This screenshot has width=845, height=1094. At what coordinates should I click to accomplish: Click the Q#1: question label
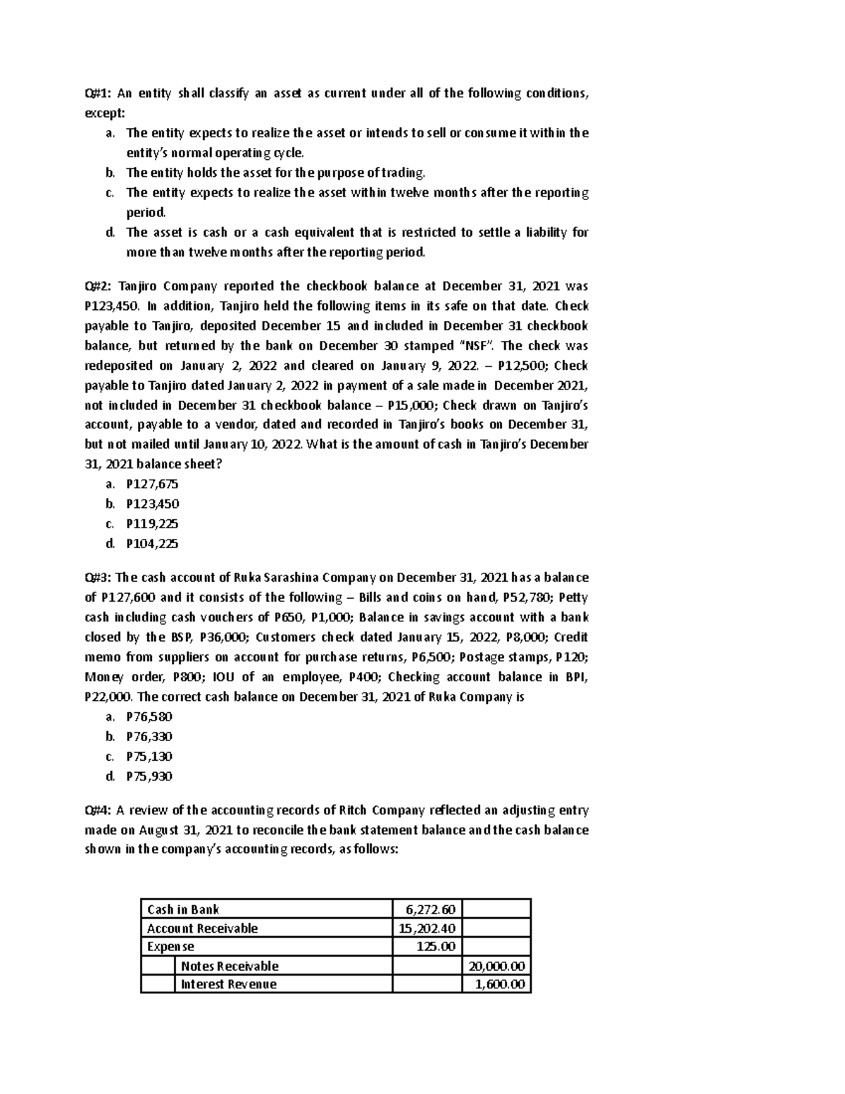pyautogui.click(x=98, y=94)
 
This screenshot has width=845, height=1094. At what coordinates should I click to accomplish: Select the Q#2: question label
pyautogui.click(x=98, y=287)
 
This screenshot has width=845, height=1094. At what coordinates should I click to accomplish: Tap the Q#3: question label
pyautogui.click(x=98, y=578)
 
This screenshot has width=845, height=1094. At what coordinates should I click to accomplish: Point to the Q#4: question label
pyautogui.click(x=98, y=810)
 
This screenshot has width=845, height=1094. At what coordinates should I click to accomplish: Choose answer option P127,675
pyautogui.click(x=152, y=484)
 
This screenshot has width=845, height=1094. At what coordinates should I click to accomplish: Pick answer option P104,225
pyautogui.click(x=152, y=544)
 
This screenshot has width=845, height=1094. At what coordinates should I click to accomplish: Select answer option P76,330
pyautogui.click(x=149, y=737)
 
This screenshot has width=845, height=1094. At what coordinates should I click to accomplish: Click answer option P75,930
pyautogui.click(x=149, y=776)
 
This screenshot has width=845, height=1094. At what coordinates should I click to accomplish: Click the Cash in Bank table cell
pyautogui.click(x=183, y=909)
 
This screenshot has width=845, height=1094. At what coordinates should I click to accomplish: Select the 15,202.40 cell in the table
pyautogui.click(x=427, y=928)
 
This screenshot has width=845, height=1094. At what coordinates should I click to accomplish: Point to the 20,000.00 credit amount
pyautogui.click(x=497, y=966)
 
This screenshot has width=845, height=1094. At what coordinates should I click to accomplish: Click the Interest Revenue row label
pyautogui.click(x=229, y=984)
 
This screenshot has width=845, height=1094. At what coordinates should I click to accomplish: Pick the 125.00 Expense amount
pyautogui.click(x=437, y=947)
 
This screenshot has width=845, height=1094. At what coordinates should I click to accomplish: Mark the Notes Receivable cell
pyautogui.click(x=230, y=966)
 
